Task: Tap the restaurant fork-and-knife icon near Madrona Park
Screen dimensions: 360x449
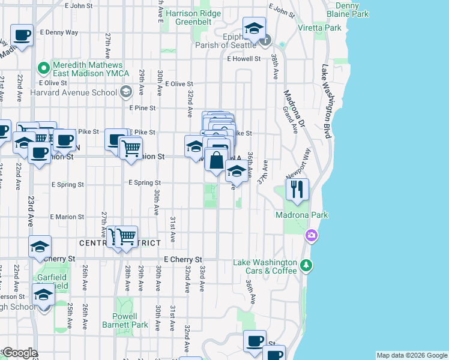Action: pyautogui.click(x=297, y=190)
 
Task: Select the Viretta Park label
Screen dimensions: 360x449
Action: pyautogui.click(x=319, y=28)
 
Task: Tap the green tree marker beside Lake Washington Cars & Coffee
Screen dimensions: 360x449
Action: pyautogui.click(x=306, y=264)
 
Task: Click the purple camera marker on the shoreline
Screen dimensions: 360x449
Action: pyautogui.click(x=312, y=235)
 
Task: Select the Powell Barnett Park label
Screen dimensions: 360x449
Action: pyautogui.click(x=130, y=320)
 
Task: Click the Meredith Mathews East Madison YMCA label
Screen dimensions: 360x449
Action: pyautogui.click(x=88, y=69)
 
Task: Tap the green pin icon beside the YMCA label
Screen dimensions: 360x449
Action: pyautogui.click(x=43, y=68)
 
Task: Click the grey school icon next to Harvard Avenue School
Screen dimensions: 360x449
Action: pyautogui.click(x=125, y=92)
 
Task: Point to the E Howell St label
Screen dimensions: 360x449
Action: pyautogui.click(x=244, y=59)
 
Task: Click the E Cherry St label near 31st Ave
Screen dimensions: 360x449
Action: pyautogui.click(x=173, y=259)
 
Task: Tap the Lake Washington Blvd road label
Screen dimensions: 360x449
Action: pyautogui.click(x=327, y=102)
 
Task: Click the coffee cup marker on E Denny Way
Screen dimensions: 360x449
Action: pyautogui.click(x=22, y=36)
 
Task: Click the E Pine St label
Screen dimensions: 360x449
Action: pyautogui.click(x=143, y=108)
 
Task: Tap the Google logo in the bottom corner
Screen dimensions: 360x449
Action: pyautogui.click(x=19, y=353)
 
